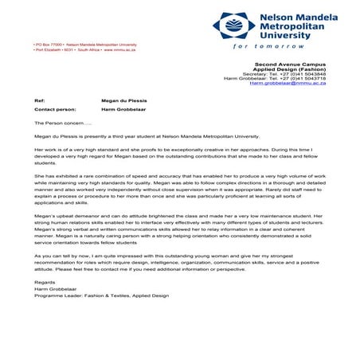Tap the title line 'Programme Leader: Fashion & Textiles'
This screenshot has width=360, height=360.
click(x=101, y=295)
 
